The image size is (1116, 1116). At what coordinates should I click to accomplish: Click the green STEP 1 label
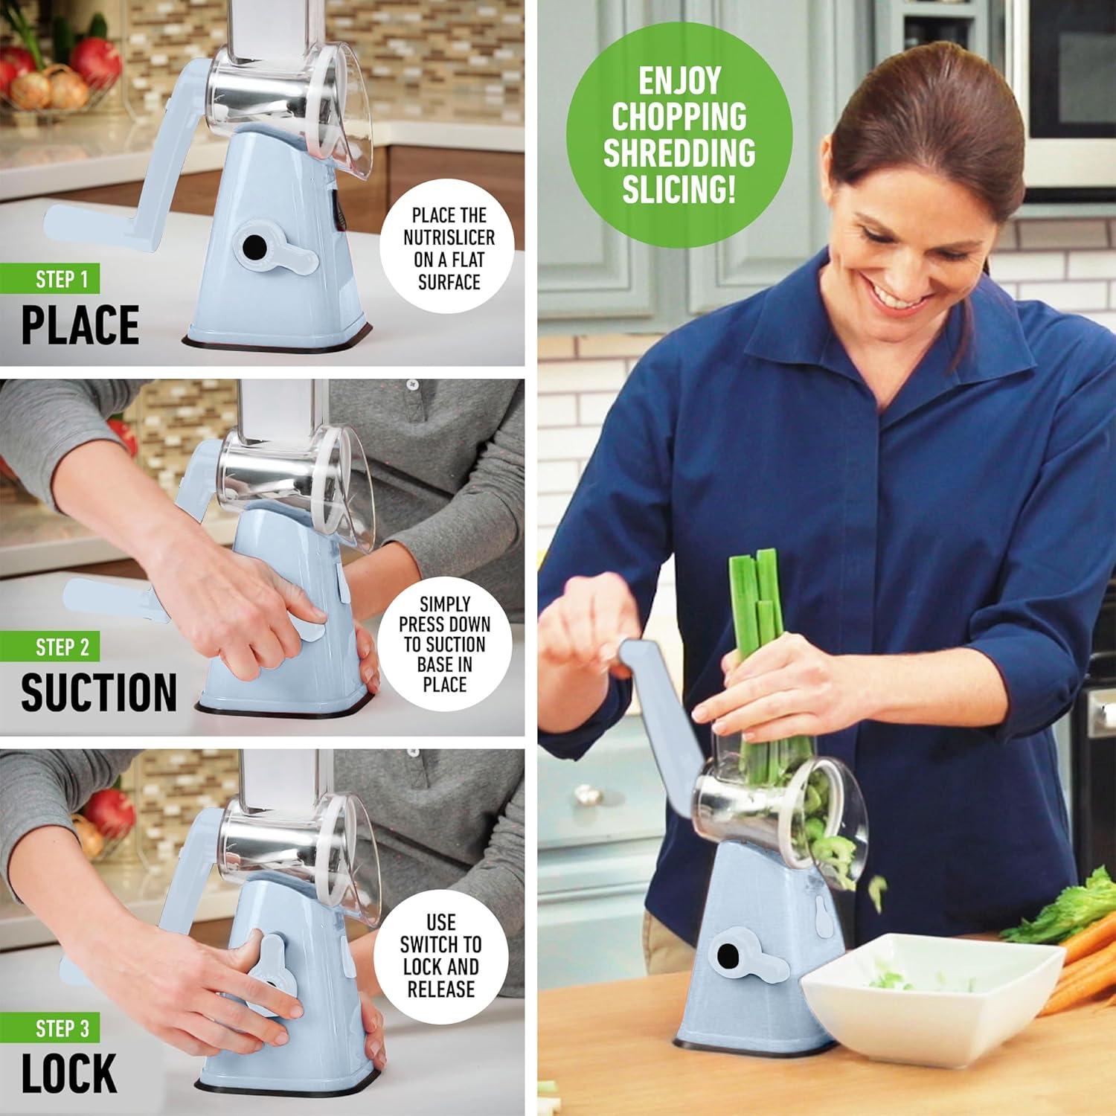[x=62, y=280]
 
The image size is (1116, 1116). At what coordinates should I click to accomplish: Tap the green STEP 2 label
[x=62, y=647]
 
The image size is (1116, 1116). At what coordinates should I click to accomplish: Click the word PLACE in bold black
[x=80, y=325]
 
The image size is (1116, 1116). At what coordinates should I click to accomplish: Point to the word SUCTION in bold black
[x=99, y=692]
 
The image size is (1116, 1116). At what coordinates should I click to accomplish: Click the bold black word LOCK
[x=69, y=1074]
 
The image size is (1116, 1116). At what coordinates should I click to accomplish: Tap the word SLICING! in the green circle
[x=679, y=190]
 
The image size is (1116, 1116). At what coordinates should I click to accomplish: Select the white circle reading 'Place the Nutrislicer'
[x=448, y=249]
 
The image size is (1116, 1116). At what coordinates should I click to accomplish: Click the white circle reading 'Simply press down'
[x=445, y=644]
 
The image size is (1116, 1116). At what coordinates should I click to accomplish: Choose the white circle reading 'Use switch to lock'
[x=440, y=956]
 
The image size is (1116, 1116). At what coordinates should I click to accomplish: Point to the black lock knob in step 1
[x=254, y=246]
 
